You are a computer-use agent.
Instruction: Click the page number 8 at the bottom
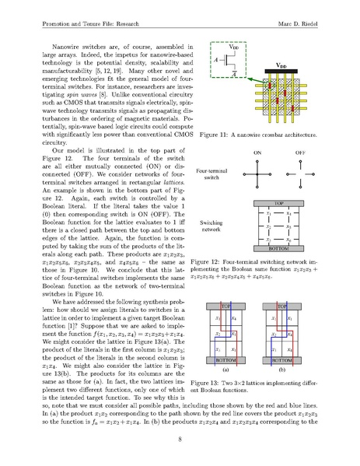tap(180, 440)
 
